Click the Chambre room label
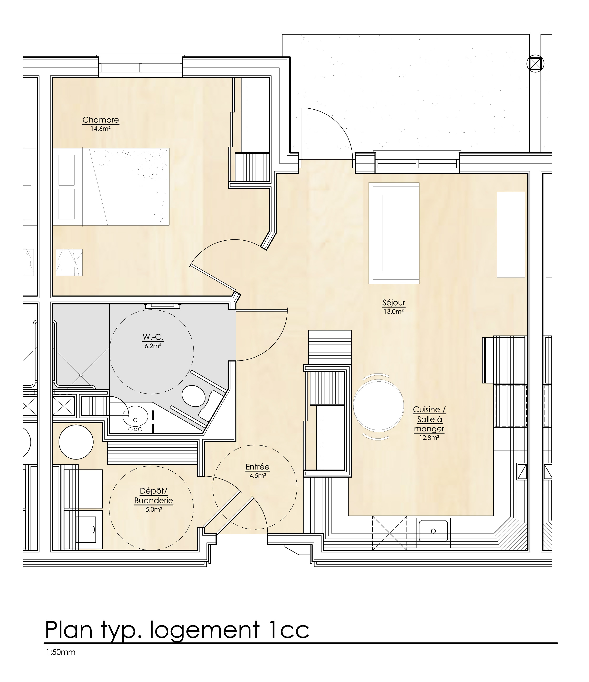coord(100,120)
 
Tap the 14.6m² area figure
coord(100,129)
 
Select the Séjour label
coord(394,303)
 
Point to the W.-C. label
coord(153,337)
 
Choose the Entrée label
coord(257,467)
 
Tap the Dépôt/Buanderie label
coord(154,496)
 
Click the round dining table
coord(378,405)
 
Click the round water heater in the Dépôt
coord(76,442)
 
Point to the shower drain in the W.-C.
coord(81,375)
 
